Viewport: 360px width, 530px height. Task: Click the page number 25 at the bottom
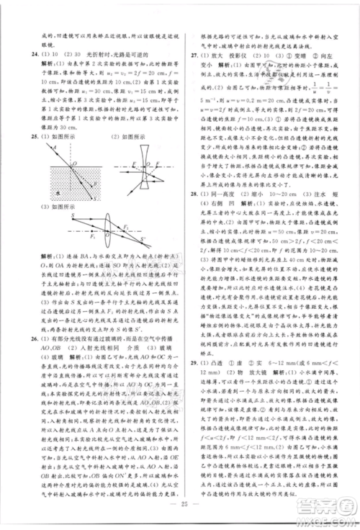pos(179,517)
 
